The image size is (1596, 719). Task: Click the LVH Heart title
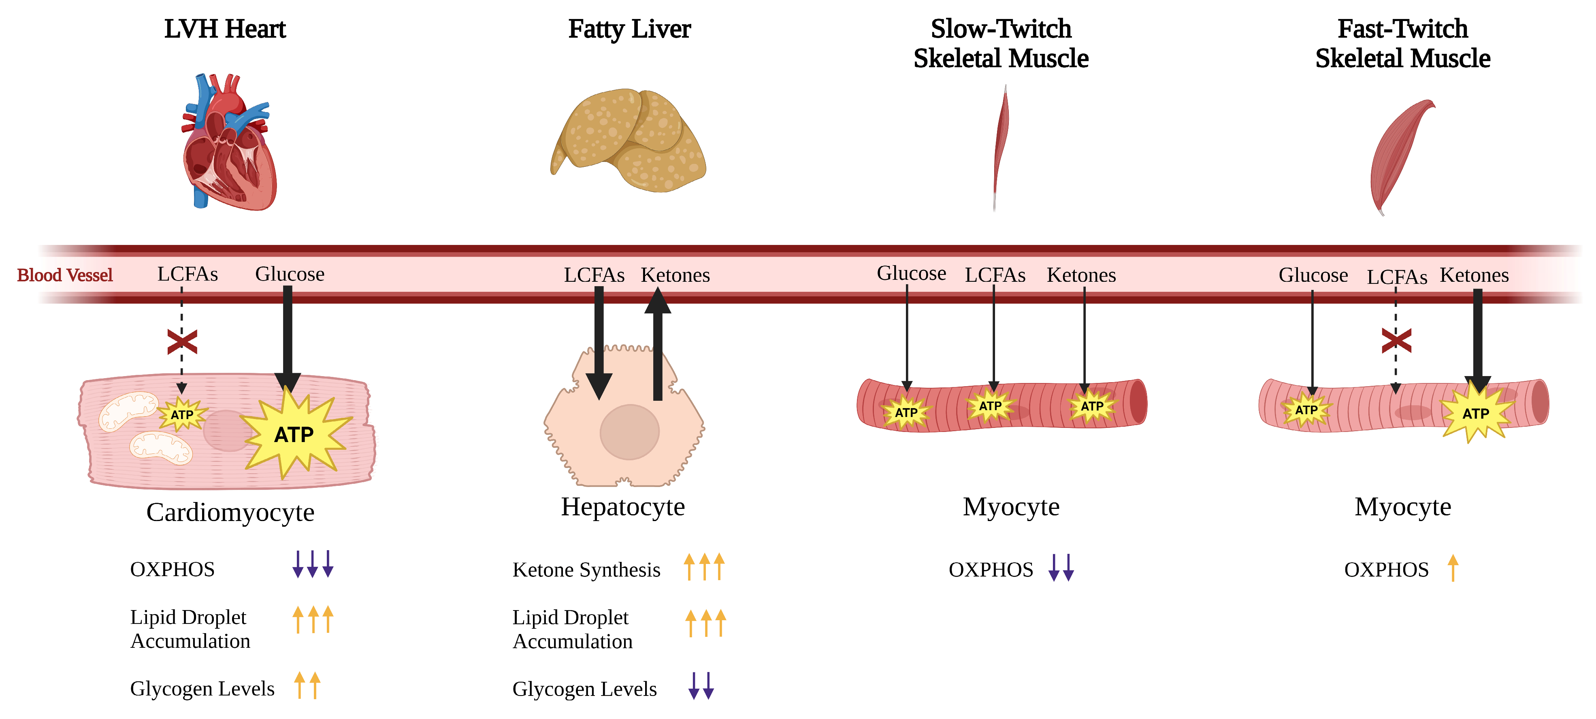point(225,29)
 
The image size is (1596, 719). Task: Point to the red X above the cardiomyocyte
point(182,342)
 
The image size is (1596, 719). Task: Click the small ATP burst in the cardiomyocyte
point(181,414)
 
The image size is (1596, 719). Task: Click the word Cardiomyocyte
point(230,512)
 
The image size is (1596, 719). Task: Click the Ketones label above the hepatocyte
point(675,275)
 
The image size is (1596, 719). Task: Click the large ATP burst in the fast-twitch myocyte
point(1477,412)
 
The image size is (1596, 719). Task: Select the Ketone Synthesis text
point(586,570)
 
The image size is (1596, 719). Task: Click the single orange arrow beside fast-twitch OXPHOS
point(1453,568)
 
